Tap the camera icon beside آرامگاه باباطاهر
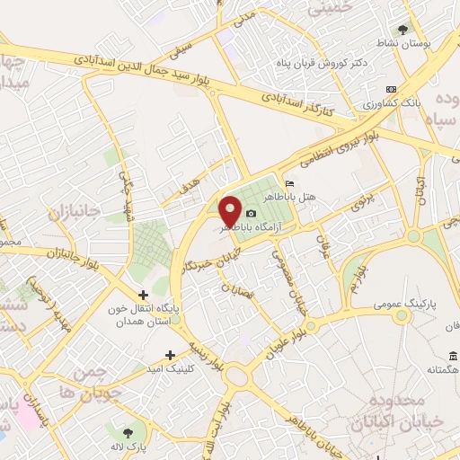tap(251, 214)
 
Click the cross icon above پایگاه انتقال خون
tap(143, 295)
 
